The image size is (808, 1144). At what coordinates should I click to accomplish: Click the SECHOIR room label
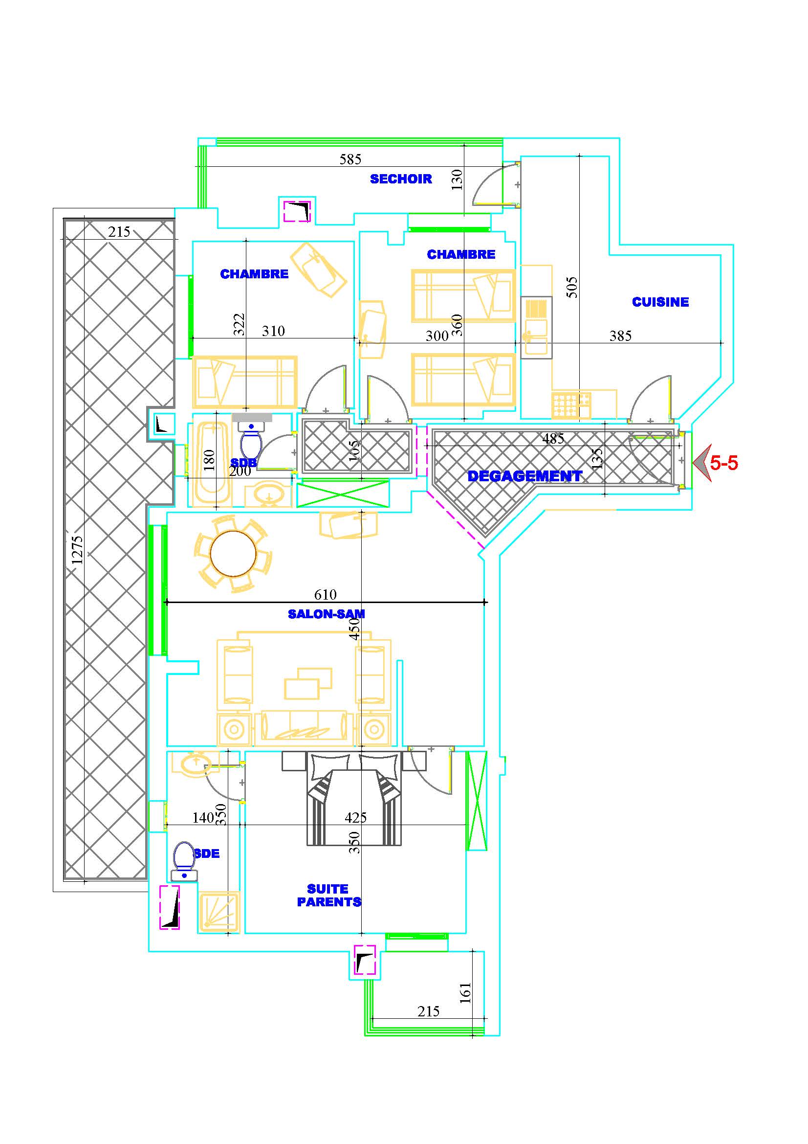tap(401, 179)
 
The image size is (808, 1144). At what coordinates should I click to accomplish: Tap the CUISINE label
tap(660, 302)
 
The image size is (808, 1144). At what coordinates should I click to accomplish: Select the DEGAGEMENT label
tap(524, 476)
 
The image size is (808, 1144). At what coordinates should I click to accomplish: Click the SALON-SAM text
tap(326, 614)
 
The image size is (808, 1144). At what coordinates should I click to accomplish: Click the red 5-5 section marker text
tap(724, 463)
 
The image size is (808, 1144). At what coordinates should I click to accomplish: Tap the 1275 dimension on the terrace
tap(77, 550)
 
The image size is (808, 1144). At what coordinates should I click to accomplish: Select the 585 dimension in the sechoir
tap(350, 159)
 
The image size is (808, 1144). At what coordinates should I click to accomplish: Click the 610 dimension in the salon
tap(325, 595)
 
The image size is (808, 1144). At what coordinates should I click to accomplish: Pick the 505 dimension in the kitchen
tap(572, 288)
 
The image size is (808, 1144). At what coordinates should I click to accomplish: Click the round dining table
tap(233, 554)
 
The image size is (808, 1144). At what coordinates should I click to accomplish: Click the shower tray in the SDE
tap(219, 912)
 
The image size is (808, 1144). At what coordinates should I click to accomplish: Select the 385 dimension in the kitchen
tap(620, 336)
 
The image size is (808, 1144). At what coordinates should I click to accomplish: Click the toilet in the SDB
tap(251, 438)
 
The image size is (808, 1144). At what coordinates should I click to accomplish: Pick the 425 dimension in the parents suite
tap(355, 817)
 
